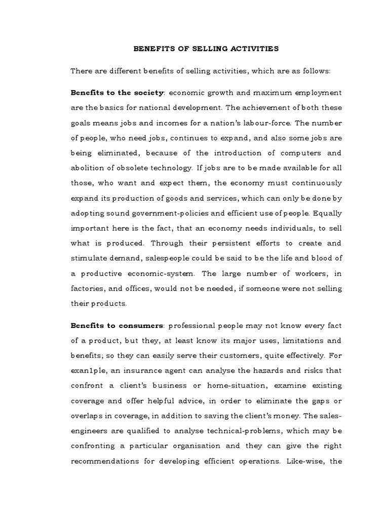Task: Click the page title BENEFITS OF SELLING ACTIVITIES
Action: pyautogui.click(x=206, y=49)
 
